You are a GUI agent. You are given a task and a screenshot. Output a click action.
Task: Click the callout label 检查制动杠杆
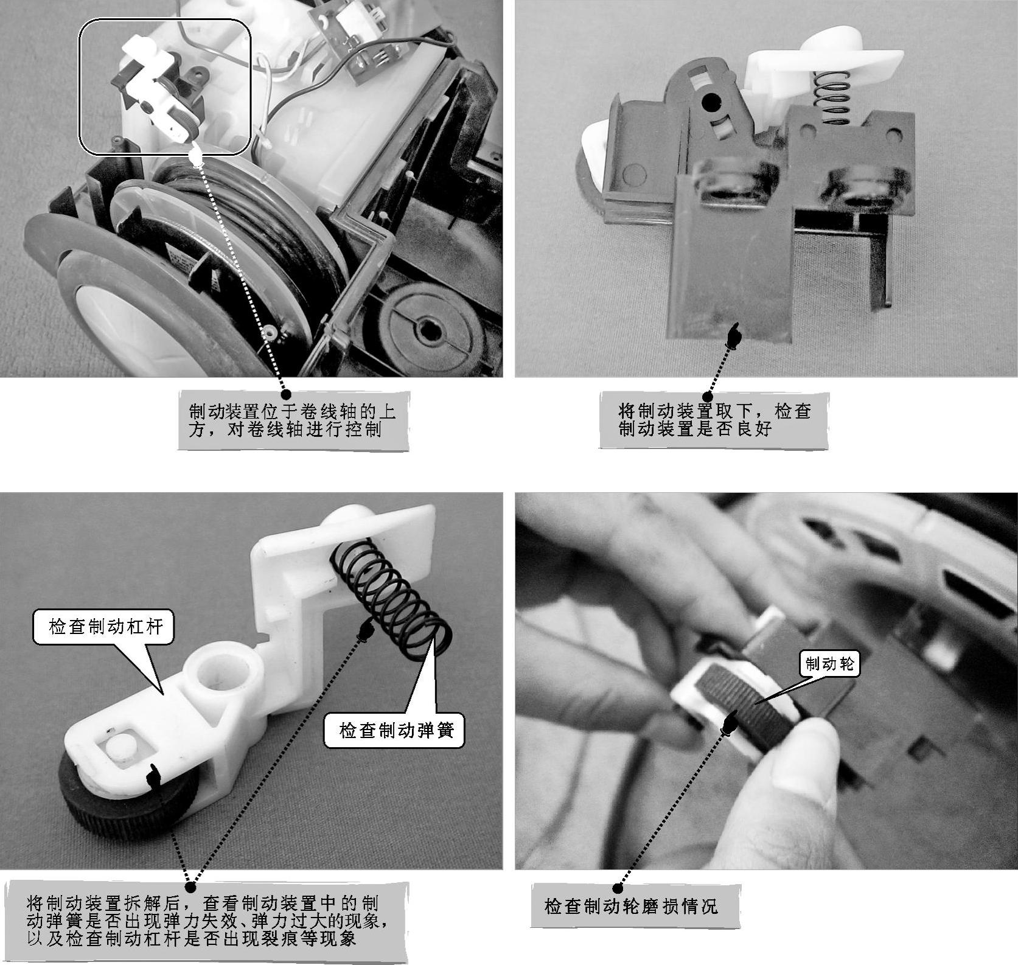click(x=106, y=627)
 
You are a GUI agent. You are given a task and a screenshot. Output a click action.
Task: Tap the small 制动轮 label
click(x=829, y=664)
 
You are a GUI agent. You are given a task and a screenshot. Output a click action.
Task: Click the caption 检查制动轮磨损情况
click(x=632, y=906)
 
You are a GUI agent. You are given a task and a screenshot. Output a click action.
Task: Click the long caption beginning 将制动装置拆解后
click(x=206, y=920)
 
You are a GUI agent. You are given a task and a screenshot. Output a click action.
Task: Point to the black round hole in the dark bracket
click(x=710, y=102)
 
